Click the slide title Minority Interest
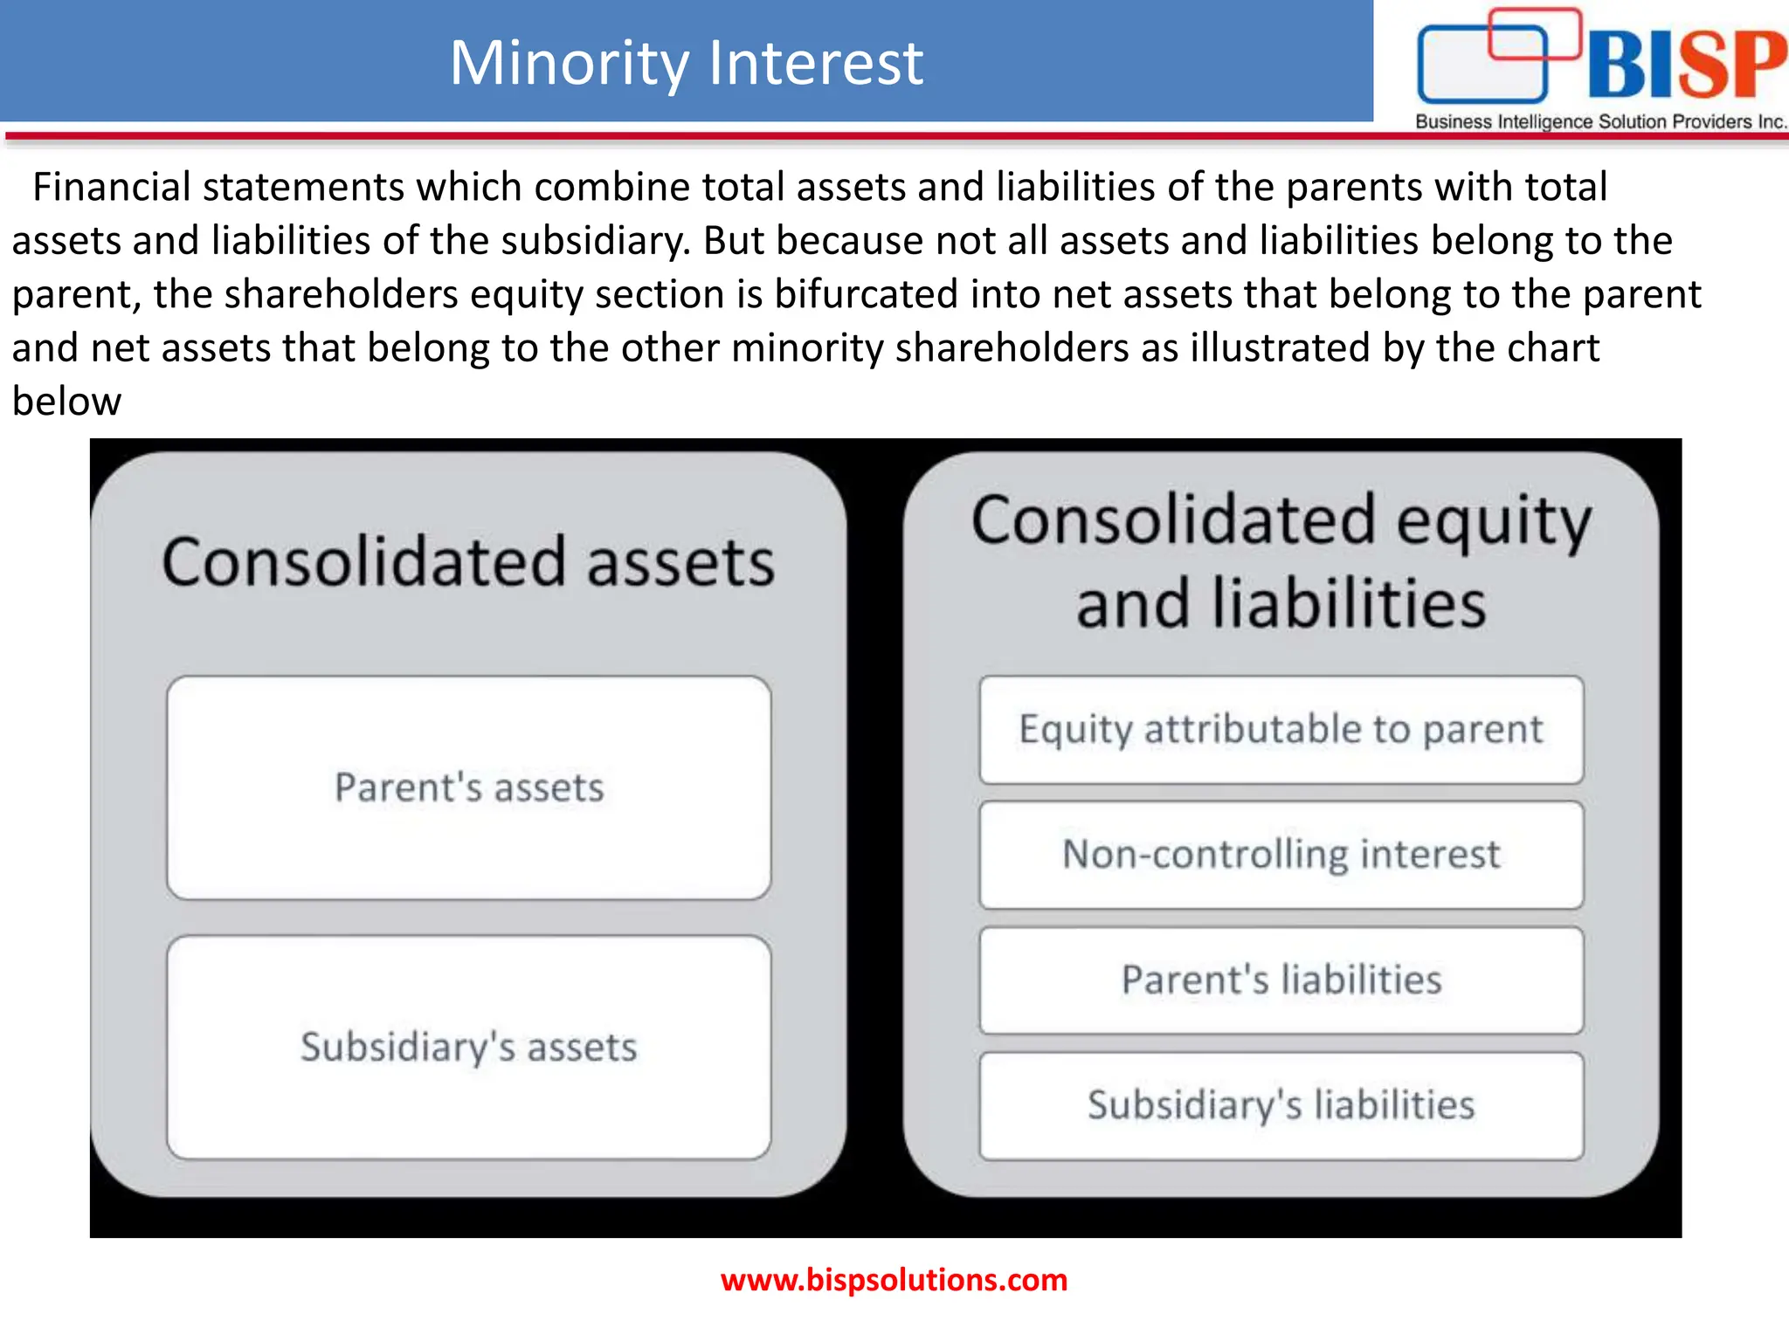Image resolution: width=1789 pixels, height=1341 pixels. click(686, 63)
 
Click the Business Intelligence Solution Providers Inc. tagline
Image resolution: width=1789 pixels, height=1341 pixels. click(1600, 121)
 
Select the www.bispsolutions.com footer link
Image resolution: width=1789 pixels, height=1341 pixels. click(894, 1280)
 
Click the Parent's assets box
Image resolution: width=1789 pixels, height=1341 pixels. click(469, 787)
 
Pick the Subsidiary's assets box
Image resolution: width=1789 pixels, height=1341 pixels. click(469, 1047)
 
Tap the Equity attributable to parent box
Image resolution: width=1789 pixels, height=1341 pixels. click(1281, 730)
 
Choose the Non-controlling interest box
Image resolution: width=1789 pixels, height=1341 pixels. click(1281, 855)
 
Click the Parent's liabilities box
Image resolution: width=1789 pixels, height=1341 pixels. click(1281, 980)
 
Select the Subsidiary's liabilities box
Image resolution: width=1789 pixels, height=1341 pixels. click(1281, 1105)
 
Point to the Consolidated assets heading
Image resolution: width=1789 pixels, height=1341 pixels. click(468, 561)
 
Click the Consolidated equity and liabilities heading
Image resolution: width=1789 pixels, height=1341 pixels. click(1281, 560)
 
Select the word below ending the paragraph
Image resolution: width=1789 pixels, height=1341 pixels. click(66, 402)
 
